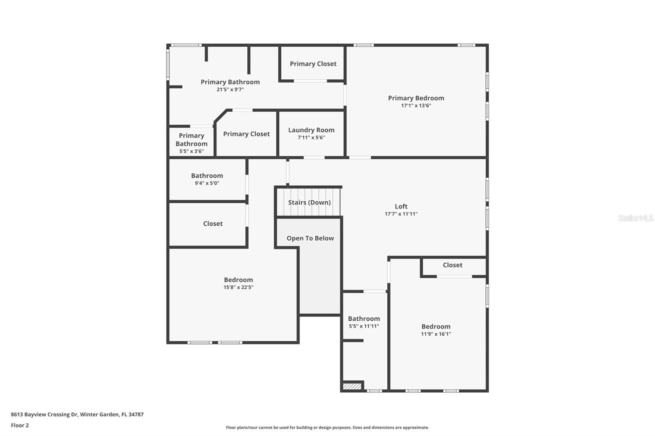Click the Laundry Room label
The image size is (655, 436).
311,130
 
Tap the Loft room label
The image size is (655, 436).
401,207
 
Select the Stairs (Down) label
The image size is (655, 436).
309,202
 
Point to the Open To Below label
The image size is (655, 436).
310,238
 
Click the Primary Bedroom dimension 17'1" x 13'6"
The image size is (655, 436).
416,106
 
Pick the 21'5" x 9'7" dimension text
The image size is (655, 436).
230,90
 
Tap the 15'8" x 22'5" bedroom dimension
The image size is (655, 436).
238,287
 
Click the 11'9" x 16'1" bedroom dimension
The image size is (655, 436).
436,334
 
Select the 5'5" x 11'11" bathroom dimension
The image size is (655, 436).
364,326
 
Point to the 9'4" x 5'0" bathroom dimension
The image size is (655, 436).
207,183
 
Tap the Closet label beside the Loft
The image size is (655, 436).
452,265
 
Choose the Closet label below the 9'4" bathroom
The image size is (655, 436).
213,224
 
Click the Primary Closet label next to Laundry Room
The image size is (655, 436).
246,134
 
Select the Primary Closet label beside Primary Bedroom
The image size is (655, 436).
313,64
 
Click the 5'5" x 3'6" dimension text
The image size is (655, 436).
191,151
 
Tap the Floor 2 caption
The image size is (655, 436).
20,425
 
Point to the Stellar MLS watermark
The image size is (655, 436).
635,218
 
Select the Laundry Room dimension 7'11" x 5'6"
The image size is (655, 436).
311,137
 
